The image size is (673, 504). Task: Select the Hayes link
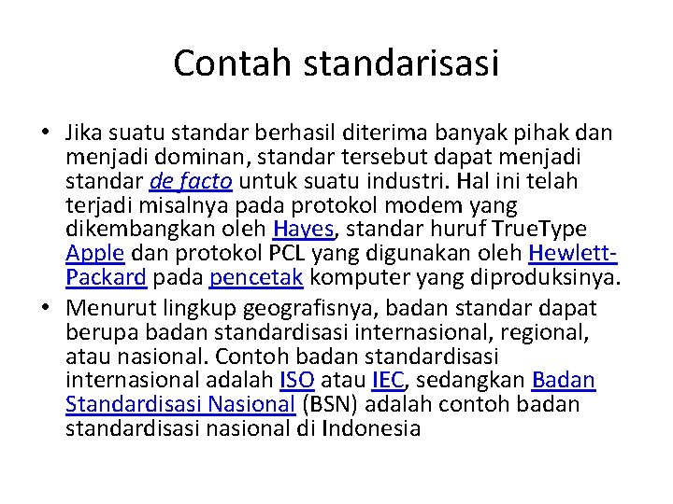click(x=301, y=230)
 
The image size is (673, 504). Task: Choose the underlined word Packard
click(x=107, y=278)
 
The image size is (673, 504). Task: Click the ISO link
click(x=298, y=381)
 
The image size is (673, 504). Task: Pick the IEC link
click(x=388, y=381)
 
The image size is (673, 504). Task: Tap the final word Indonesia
click(x=370, y=429)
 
